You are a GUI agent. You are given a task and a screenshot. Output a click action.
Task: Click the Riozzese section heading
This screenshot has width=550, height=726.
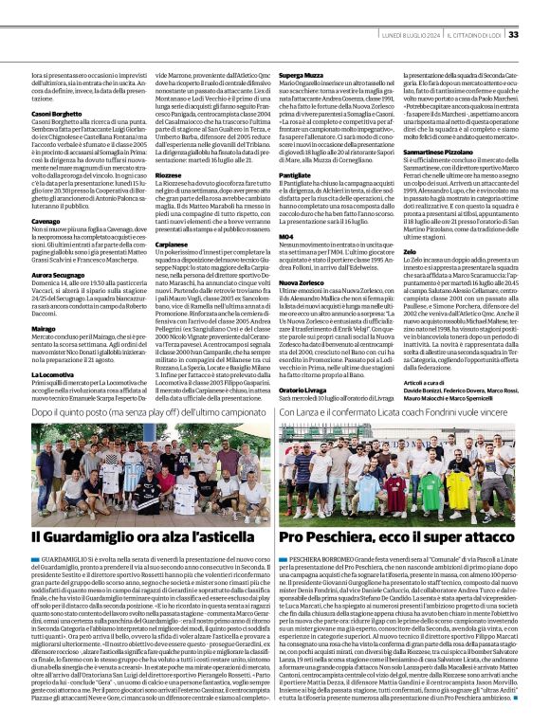click(x=167, y=174)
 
